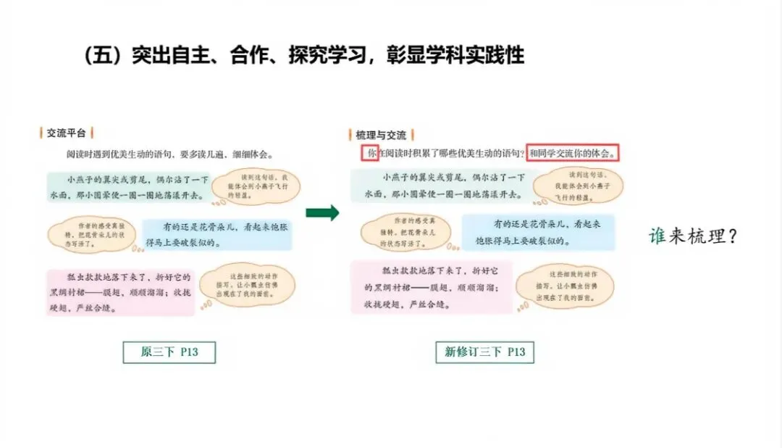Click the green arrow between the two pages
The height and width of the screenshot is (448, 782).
pyautogui.click(x=321, y=212)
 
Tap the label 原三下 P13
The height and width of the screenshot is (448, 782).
pyautogui.click(x=169, y=352)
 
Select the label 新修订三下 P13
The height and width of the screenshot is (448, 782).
pyautogui.click(x=485, y=352)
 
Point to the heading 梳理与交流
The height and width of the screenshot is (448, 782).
pyautogui.click(x=381, y=135)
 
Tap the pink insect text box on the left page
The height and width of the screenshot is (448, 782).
pyautogui.click(x=120, y=291)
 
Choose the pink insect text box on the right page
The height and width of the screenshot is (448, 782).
pyautogui.click(x=432, y=287)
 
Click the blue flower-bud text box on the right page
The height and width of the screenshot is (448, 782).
pyautogui.click(x=537, y=232)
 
